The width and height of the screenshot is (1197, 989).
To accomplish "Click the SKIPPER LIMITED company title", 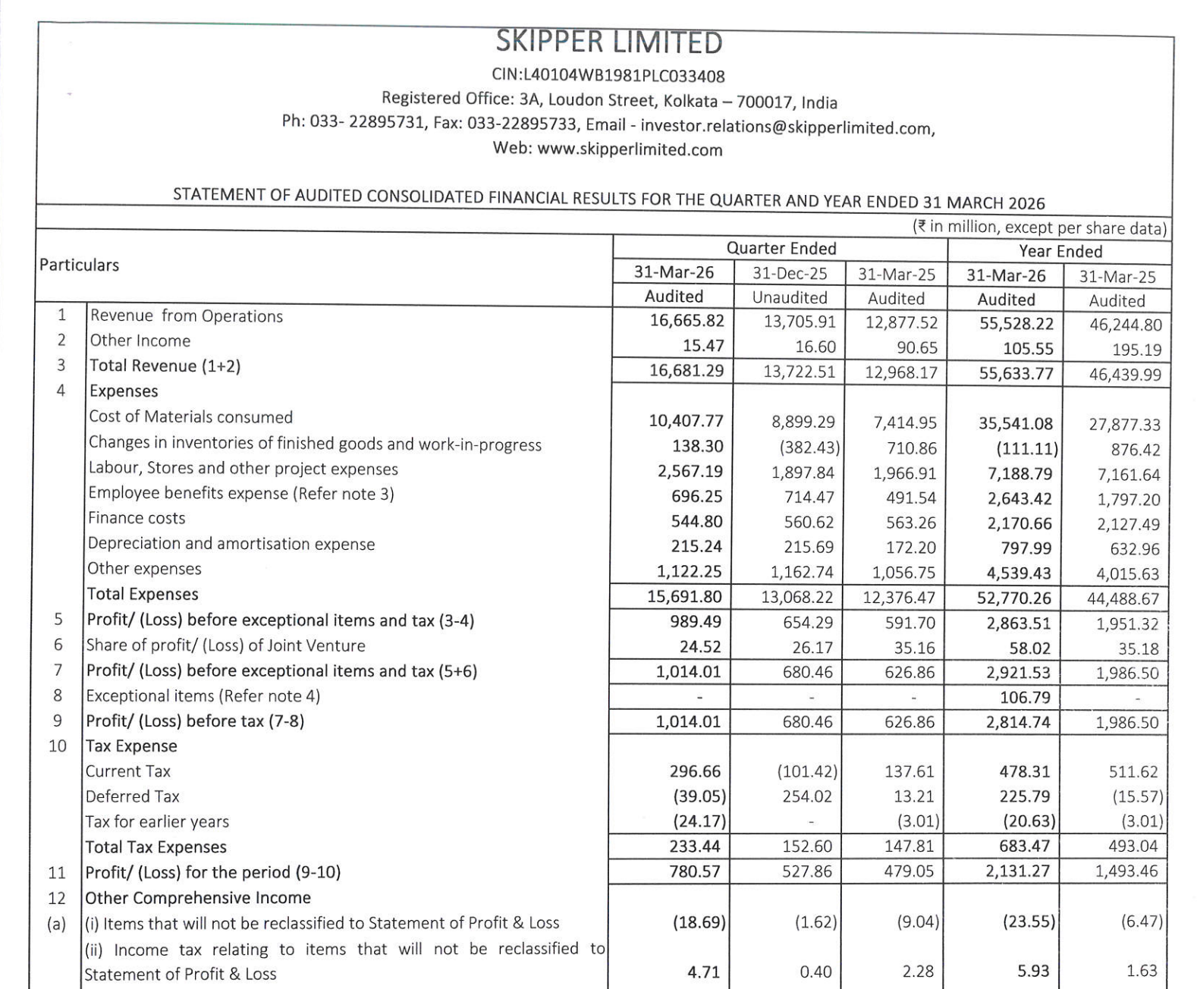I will (608, 42).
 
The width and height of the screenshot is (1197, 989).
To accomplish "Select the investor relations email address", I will (787, 127).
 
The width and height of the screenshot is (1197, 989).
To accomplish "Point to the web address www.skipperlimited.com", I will (630, 149).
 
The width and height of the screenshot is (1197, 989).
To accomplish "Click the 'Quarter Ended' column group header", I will (781, 249).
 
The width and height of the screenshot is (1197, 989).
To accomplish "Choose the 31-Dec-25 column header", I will (789, 273).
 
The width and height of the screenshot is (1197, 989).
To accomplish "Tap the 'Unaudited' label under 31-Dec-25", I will (789, 297).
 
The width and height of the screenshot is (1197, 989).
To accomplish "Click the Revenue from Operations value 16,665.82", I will (686, 321).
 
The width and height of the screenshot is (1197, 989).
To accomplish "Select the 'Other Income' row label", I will (140, 341).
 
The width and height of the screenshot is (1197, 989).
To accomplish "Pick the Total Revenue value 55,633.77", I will (1016, 373).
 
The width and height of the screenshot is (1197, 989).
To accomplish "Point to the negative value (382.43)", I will (809, 447).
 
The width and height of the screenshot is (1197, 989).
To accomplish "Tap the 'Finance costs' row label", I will (137, 518).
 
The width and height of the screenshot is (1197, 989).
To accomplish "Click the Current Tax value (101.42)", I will (807, 771).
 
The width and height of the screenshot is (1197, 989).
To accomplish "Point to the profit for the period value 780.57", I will (695, 871).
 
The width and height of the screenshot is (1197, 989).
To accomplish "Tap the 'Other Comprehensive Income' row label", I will (197, 898).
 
